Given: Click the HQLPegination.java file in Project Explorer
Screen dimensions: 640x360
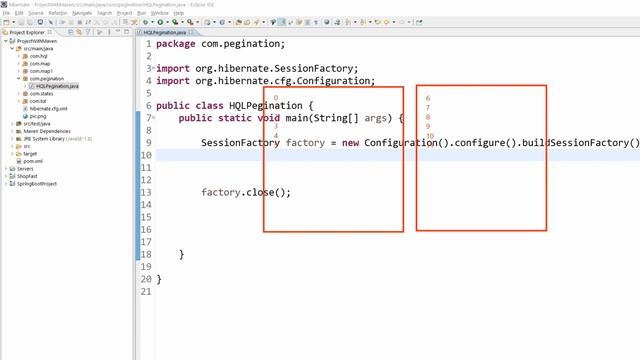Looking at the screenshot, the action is pyautogui.click(x=57, y=86).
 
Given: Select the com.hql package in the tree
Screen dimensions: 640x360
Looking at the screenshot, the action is pyautogui.click(x=39, y=56).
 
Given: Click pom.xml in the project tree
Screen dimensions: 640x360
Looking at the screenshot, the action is pyautogui.click(x=33, y=161).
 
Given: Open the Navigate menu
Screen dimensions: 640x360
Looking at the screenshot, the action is pyautogui.click(x=81, y=13).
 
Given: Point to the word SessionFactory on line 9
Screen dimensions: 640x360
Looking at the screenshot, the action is pyautogui.click(x=240, y=143).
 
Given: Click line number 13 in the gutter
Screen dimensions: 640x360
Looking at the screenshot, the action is pyautogui.click(x=147, y=192).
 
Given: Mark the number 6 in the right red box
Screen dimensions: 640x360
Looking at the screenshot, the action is pyautogui.click(x=428, y=99).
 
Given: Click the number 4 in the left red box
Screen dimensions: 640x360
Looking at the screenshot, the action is pyautogui.click(x=275, y=136).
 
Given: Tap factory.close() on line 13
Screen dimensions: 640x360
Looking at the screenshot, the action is pyautogui.click(x=245, y=192).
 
